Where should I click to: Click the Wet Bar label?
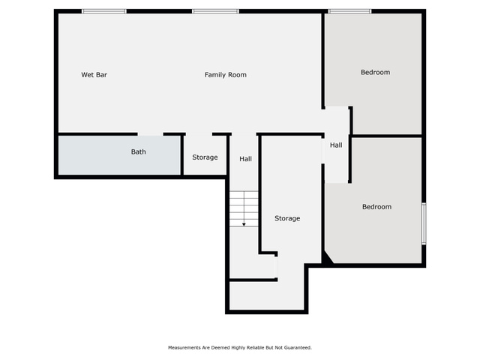click(x=94, y=75)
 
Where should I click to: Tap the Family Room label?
click(x=225, y=75)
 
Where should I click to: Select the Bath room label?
click(x=138, y=151)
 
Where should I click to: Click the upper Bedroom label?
click(x=375, y=72)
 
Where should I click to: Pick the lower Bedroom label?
click(x=376, y=207)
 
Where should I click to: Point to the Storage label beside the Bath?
click(x=205, y=157)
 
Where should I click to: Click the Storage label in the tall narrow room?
click(x=287, y=218)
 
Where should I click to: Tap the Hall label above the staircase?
click(x=245, y=159)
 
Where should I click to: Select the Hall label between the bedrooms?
click(x=336, y=145)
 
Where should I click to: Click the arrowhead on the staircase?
click(x=244, y=225)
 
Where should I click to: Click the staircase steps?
click(x=244, y=208)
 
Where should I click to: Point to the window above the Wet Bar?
click(x=103, y=11)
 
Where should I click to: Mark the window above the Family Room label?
click(x=215, y=11)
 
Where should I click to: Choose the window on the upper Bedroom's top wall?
click(x=349, y=11)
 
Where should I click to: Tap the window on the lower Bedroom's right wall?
click(x=424, y=223)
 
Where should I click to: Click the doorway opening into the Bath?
click(x=150, y=134)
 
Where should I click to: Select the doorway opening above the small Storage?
click(x=199, y=134)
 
